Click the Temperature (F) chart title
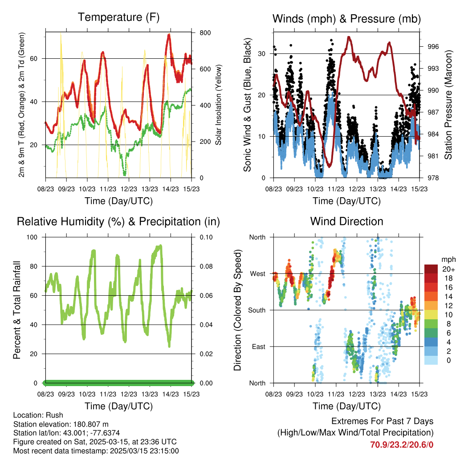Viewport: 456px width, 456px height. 118,18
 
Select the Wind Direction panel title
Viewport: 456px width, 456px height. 346,221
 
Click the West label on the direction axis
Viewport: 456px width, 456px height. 258,273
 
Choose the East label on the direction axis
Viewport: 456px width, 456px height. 259,346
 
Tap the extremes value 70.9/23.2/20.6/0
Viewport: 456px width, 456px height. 402,444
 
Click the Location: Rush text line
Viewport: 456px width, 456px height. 38,415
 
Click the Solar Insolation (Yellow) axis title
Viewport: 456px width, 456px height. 218,105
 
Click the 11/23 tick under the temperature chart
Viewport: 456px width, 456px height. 108,188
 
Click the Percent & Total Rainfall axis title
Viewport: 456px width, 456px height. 17,310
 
